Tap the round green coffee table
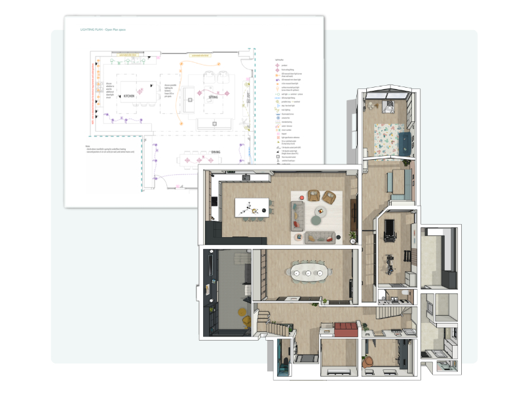coord(322,211)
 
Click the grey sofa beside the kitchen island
coord(298,213)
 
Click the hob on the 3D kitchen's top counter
coord(247,176)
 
